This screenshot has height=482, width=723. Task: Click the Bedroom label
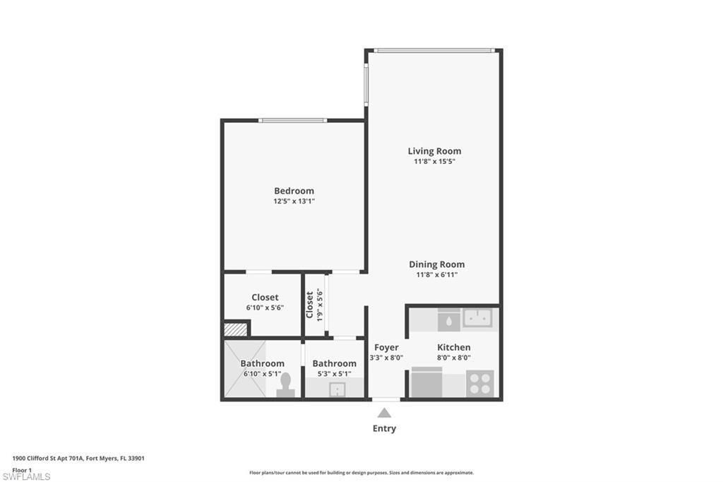[294, 191]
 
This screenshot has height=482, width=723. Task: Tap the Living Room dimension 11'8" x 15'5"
[434, 162]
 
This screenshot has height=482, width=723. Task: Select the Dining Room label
[436, 264]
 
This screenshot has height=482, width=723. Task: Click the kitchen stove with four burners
[479, 384]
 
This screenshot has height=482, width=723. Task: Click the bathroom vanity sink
[337, 388]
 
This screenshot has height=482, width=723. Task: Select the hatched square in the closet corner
[235, 329]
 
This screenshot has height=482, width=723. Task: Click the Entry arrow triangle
[384, 413]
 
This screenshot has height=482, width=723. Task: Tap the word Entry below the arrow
[384, 428]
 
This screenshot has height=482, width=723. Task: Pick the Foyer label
[386, 347]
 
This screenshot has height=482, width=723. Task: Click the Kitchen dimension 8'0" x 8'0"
[453, 358]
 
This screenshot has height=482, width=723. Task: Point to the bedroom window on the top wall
[292, 120]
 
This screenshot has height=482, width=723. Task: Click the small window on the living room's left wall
[366, 85]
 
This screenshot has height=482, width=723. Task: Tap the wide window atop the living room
[434, 50]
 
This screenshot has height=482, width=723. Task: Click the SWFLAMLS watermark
[26, 476]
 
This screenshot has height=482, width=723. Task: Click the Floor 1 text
[22, 469]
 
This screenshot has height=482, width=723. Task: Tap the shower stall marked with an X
[244, 369]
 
